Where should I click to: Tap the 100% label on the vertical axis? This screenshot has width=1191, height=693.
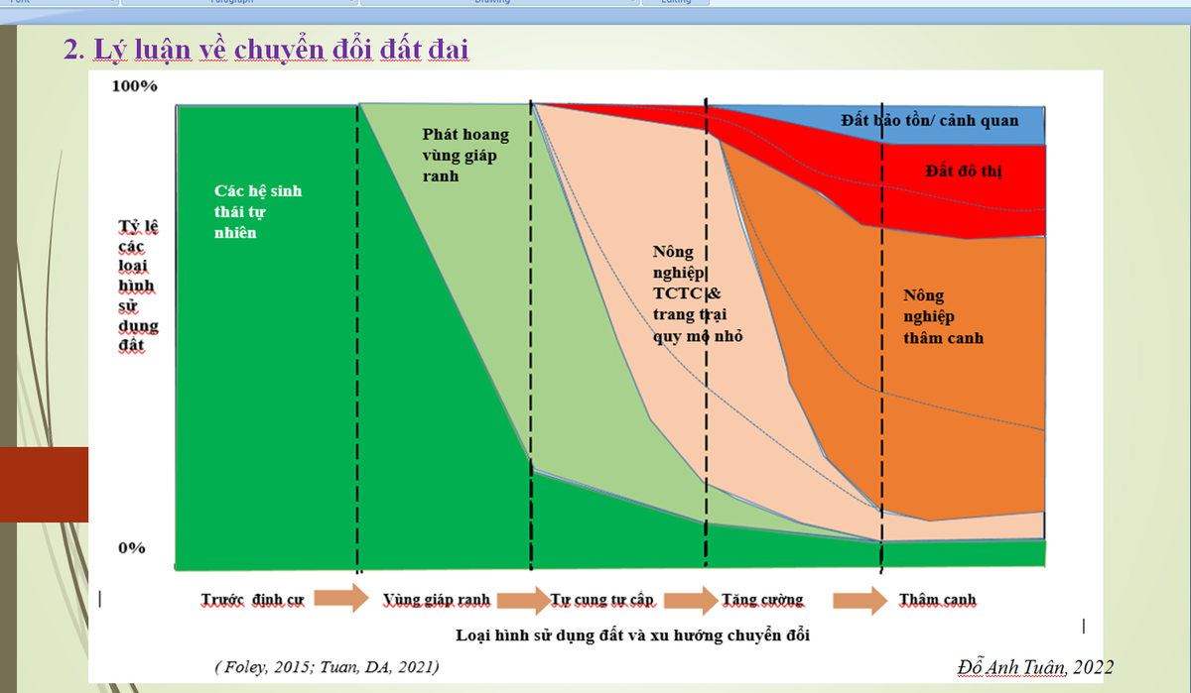point(135,86)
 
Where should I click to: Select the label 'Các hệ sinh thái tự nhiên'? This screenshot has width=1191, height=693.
point(257,211)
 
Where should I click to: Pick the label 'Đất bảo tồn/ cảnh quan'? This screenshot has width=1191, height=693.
point(929,121)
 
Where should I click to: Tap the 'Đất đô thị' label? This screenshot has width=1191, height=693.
point(963,171)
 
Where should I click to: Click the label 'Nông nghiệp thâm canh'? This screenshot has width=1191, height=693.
point(943,316)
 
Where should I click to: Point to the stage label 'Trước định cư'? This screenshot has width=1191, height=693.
point(252,600)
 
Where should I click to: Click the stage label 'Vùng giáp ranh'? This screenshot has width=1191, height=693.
point(436,600)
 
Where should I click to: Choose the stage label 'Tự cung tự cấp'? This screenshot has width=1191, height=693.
point(602,600)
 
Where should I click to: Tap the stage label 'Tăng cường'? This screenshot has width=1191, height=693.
point(762,600)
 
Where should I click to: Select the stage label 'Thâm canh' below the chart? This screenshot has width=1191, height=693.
point(937,600)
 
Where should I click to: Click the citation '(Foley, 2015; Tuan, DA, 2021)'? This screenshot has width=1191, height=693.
point(328,666)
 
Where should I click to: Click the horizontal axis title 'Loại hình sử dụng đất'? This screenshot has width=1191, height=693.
point(632,635)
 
